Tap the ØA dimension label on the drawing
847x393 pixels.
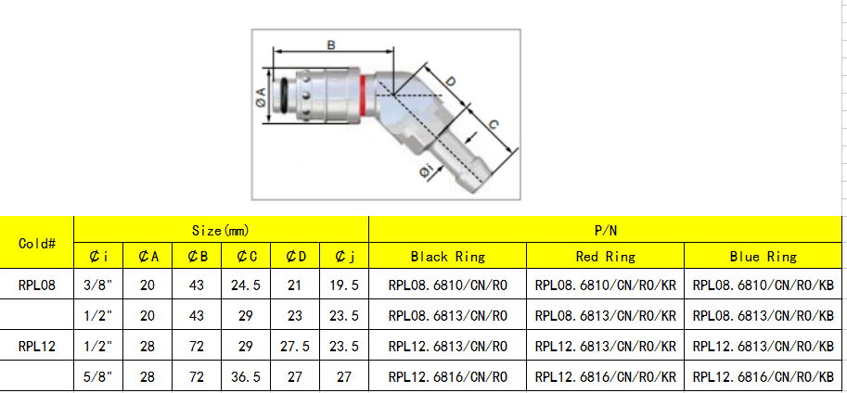261,95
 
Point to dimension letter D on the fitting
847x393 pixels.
450,82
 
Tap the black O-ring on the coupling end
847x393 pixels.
282,95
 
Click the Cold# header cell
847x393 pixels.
37,243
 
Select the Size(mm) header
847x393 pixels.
221,229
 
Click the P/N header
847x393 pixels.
607,229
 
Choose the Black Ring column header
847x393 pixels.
447,257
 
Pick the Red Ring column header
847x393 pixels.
605,257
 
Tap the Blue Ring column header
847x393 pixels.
764,257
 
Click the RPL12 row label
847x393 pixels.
37,347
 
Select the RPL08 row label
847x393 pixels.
37,285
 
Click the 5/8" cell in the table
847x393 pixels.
98,376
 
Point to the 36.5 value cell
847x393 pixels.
247,376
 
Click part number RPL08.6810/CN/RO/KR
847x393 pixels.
605,285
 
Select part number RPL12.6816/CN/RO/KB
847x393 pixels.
764,376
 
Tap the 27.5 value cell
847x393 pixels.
295,347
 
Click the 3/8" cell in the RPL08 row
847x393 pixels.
98,285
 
